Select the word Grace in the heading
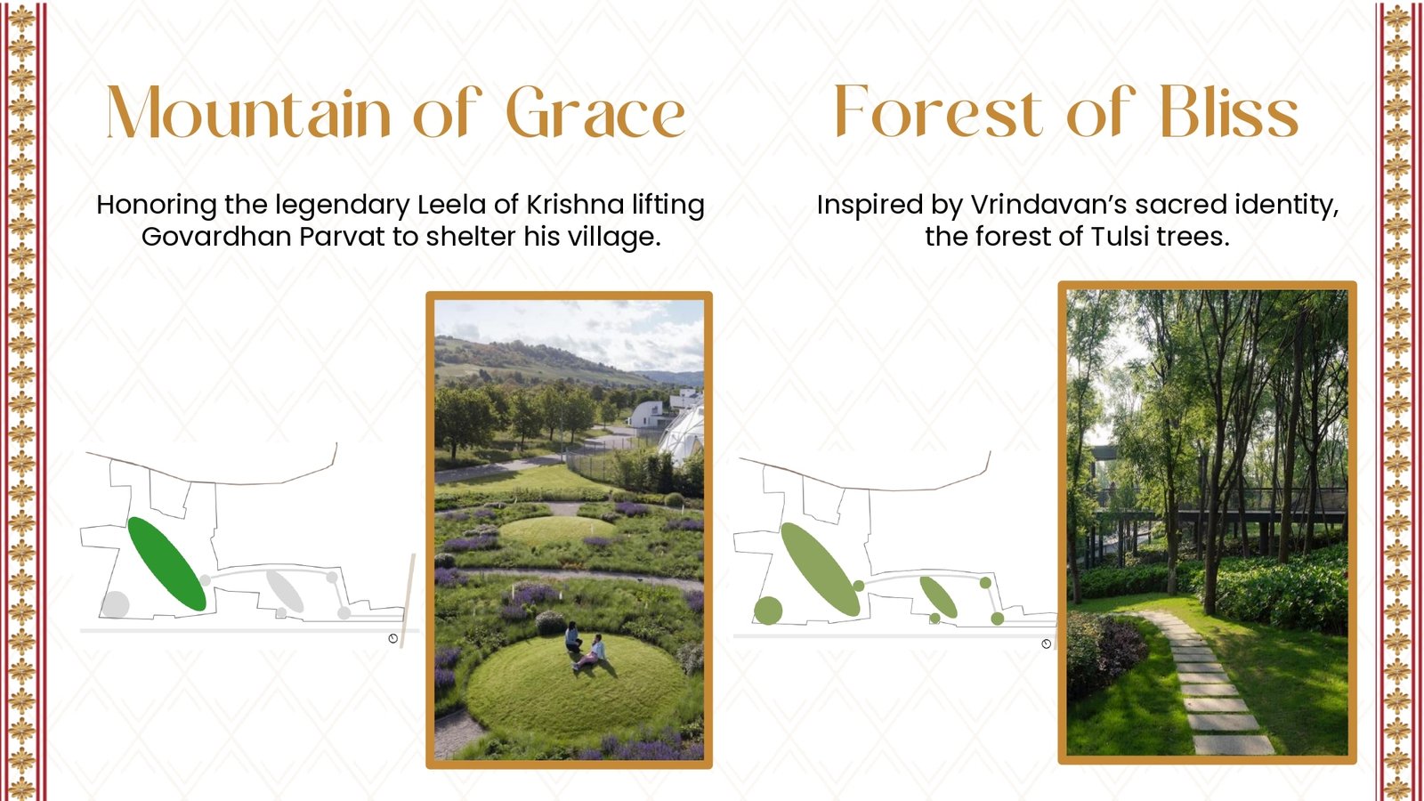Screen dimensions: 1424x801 pos(595,111)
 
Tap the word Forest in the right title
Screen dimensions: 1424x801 pos(939,111)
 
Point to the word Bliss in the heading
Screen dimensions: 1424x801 pos(1230,111)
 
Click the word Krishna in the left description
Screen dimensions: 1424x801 pos(575,205)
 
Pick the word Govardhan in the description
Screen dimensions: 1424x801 pos(216,237)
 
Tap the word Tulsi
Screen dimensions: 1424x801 pos(1109,237)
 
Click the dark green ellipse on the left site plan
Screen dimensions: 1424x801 pos(167,564)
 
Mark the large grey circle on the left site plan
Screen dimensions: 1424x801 pos(115,604)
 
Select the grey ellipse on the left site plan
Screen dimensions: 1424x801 pos(284,591)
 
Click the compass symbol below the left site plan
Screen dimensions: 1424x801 pos(392,638)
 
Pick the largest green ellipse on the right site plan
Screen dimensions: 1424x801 pos(820,570)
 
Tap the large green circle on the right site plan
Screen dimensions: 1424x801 pos(768,611)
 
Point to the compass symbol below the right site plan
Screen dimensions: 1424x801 pos(1047,644)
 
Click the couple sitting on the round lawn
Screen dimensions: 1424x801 pos(585,644)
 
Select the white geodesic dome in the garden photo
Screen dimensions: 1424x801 pos(682,433)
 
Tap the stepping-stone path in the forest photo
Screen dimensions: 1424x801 pos(1201,680)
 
